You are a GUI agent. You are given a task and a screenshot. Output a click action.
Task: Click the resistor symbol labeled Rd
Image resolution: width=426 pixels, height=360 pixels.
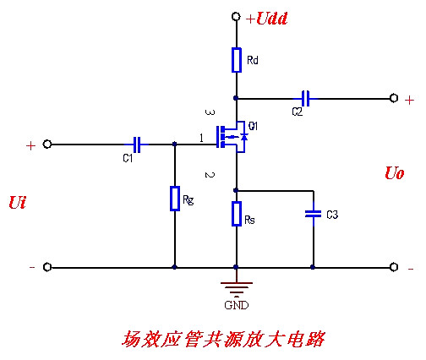pyautogui.click(x=236, y=60)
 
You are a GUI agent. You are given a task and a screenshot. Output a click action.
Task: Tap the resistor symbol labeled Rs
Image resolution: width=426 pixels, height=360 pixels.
pyautogui.click(x=236, y=214)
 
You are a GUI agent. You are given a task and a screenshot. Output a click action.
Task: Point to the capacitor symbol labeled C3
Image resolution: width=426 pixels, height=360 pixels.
pyautogui.click(x=313, y=215)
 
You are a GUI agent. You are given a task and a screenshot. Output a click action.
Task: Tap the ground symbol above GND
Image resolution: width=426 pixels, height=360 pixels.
pyautogui.click(x=236, y=286)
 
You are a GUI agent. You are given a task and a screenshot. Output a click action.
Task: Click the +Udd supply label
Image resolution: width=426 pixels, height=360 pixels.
pyautogui.click(x=267, y=18)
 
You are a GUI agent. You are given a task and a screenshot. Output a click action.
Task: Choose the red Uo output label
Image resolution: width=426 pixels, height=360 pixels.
pyautogui.click(x=394, y=173)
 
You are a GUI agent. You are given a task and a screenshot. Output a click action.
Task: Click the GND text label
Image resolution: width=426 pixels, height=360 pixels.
pyautogui.click(x=236, y=304)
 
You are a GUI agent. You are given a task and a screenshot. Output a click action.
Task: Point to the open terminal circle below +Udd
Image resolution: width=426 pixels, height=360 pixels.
pyautogui.click(x=236, y=17)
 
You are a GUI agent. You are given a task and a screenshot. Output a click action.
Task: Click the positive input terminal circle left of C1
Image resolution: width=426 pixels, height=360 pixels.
pyautogui.click(x=47, y=145)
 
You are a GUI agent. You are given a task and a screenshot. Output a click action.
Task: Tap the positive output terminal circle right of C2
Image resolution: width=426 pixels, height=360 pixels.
pyautogui.click(x=394, y=99)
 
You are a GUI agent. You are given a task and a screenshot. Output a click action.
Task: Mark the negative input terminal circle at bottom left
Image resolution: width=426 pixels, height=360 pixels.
pyautogui.click(x=47, y=267)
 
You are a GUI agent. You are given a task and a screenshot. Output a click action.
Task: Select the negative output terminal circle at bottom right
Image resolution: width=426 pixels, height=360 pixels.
pyautogui.click(x=394, y=267)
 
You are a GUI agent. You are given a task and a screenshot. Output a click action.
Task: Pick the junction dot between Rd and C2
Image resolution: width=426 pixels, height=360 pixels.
pyautogui.click(x=236, y=99)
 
